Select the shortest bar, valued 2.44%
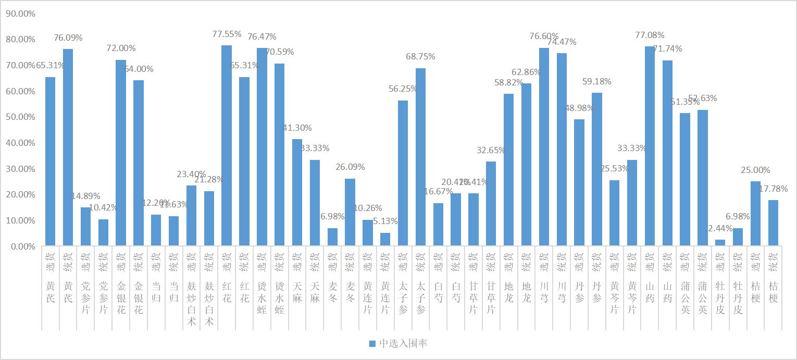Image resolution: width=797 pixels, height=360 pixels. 720,242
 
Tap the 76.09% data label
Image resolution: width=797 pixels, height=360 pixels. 68,38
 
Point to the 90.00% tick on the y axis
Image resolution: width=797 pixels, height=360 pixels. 20,14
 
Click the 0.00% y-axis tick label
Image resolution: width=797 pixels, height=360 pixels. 22,246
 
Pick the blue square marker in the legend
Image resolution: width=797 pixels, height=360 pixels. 372,343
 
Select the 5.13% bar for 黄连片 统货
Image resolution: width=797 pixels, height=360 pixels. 385,239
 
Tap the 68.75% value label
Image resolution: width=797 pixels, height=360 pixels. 420,56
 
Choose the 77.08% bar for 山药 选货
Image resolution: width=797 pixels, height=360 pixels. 650,146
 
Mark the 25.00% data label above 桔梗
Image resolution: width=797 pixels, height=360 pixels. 755,170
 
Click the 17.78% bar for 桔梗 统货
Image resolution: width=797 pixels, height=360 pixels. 773,222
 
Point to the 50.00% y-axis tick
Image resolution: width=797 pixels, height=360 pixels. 20,117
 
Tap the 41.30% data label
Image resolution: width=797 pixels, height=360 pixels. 297,128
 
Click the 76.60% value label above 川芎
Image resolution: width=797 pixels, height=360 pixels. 544,36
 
